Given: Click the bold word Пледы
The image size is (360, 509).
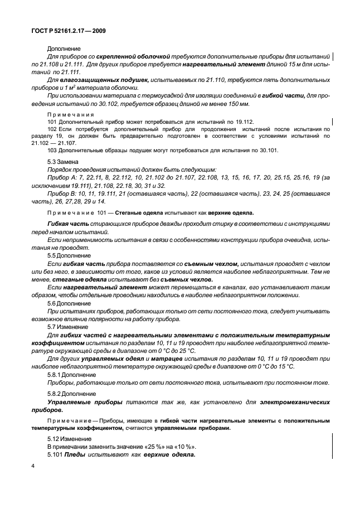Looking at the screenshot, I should click(x=75, y=454).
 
